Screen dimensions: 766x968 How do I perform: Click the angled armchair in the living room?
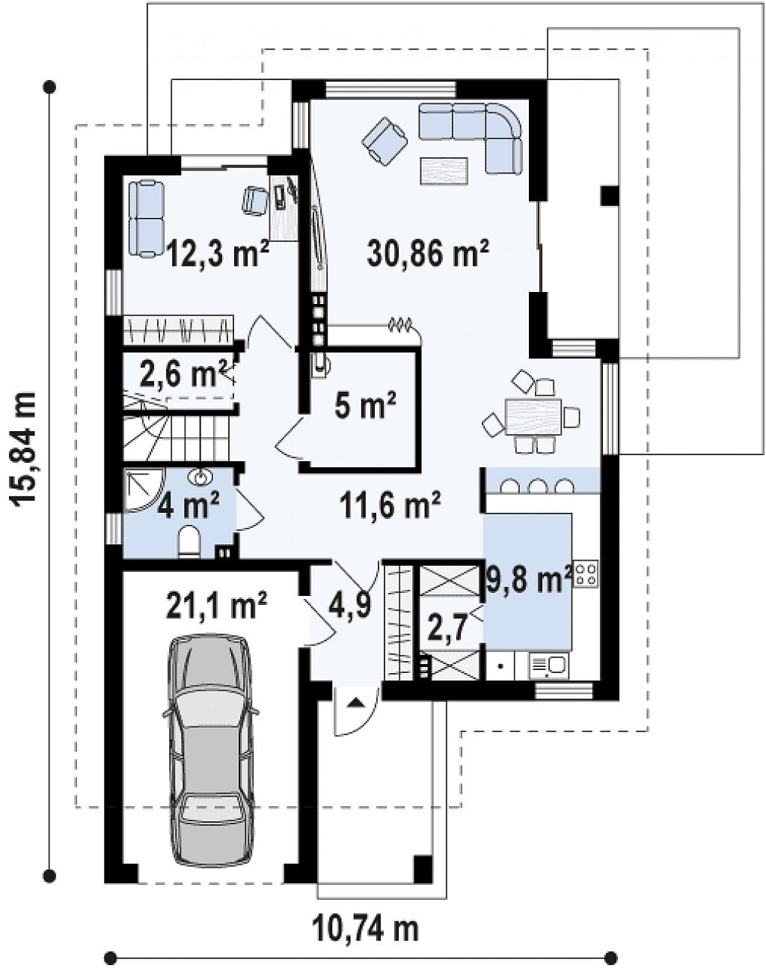click(384, 141)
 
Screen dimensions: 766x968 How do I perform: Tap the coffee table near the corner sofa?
click(444, 171)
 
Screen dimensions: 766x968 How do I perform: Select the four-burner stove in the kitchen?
click(585, 575)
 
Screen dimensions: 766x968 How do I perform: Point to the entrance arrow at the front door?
click(357, 701)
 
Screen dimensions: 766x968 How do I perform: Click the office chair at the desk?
click(255, 200)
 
